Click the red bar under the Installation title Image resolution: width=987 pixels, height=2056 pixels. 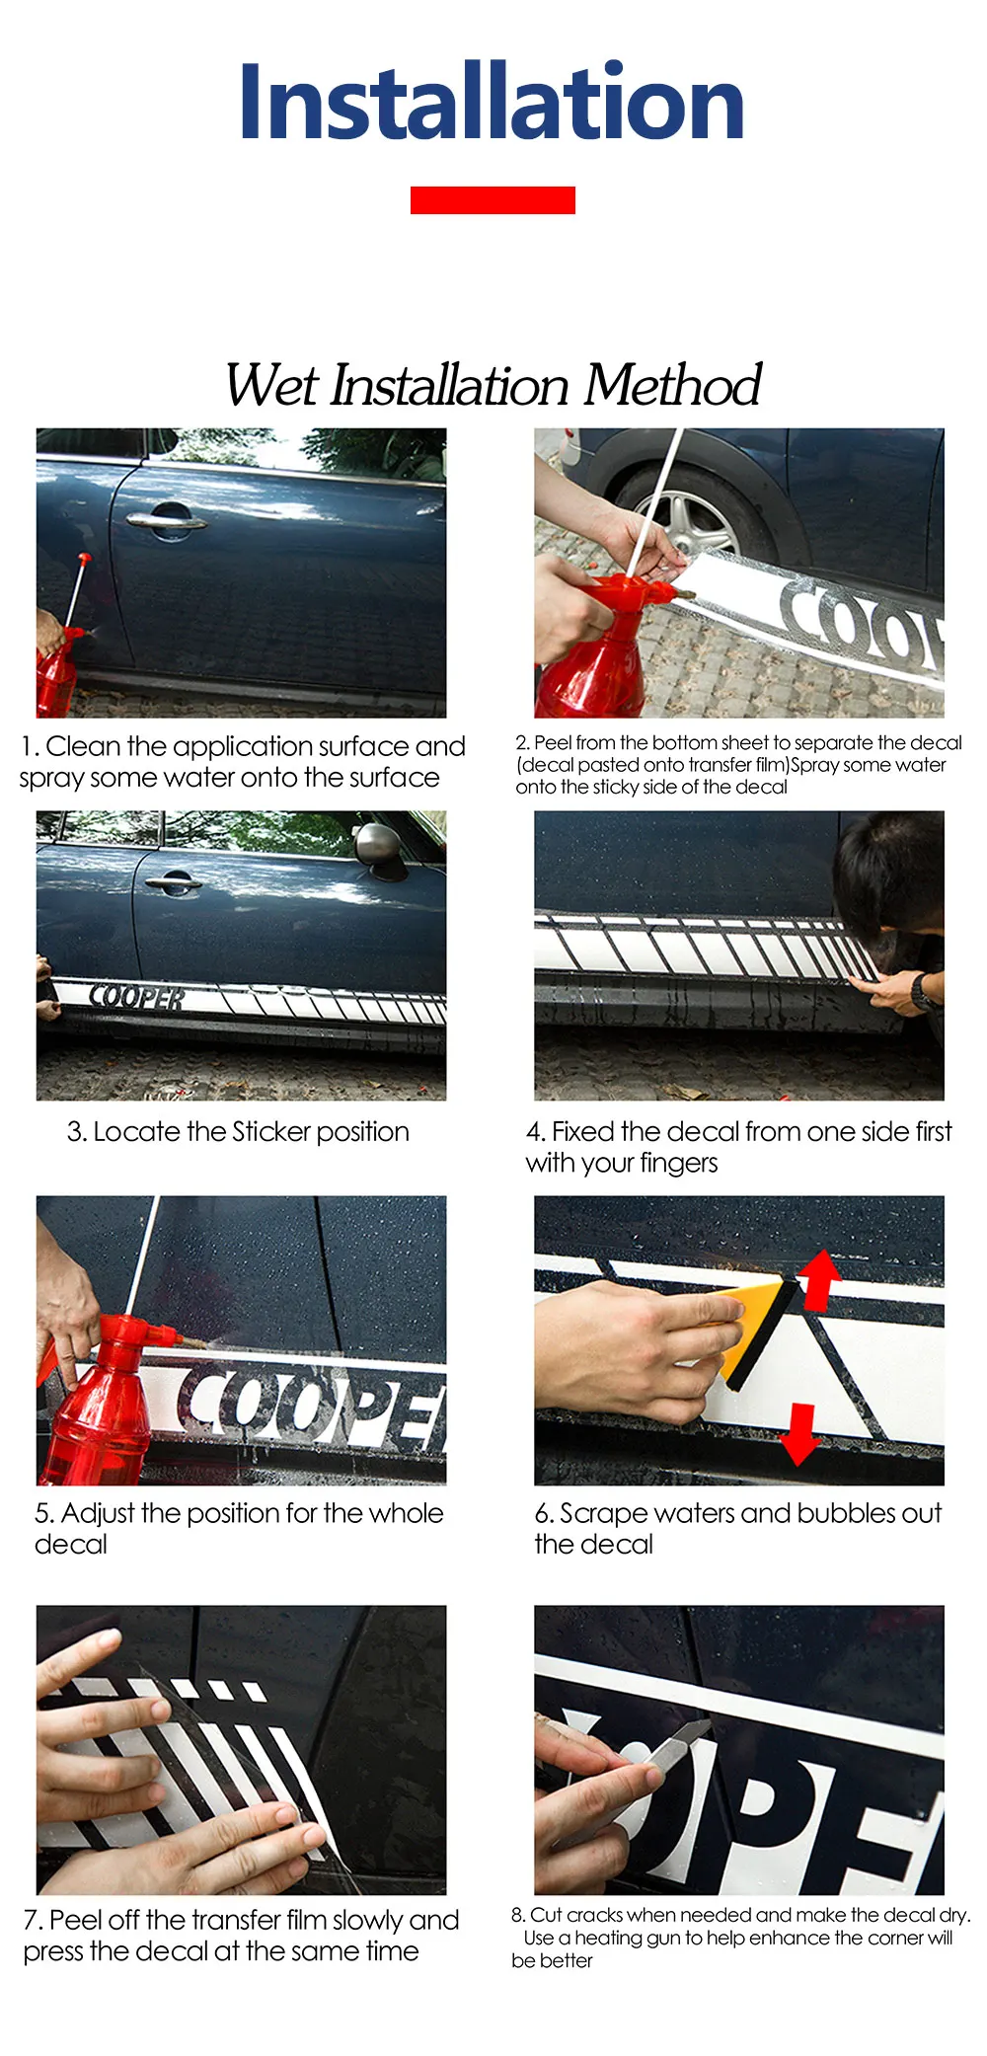click(x=493, y=199)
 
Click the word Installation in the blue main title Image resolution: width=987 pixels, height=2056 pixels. click(x=492, y=101)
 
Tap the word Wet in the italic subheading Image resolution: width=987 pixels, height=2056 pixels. click(x=272, y=385)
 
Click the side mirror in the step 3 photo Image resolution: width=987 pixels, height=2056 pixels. click(x=380, y=848)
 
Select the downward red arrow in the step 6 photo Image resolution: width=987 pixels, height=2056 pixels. click(x=800, y=1434)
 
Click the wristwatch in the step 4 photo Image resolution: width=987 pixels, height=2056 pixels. click(x=921, y=991)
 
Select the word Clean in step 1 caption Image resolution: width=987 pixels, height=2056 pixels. click(x=82, y=746)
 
